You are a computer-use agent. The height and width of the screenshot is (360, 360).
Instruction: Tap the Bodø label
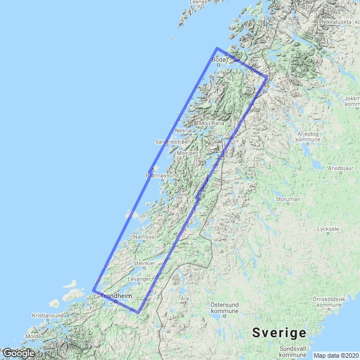pos(218,60)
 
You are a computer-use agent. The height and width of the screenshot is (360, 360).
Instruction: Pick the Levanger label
pos(139,279)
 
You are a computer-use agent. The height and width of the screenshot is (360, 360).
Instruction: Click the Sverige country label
pos(279,331)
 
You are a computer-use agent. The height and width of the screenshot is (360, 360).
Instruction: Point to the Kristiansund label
pos(47,316)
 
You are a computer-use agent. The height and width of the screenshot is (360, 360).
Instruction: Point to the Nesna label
pos(183,130)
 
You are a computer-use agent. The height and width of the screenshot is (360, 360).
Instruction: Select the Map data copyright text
pos(335,355)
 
